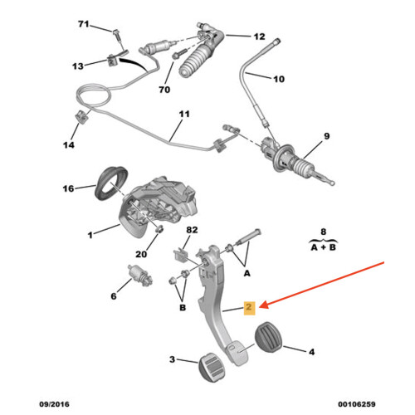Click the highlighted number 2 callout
click(249, 307)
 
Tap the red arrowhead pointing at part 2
click(263, 305)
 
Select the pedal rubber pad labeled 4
click(268, 337)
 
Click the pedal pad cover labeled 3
click(212, 368)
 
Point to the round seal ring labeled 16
click(110, 183)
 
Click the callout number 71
click(84, 24)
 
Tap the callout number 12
click(259, 37)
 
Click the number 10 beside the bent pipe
click(279, 79)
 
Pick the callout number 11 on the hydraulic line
click(184, 114)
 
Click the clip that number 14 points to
click(82, 116)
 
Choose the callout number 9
click(327, 136)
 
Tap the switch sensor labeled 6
click(140, 276)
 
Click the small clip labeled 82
click(180, 256)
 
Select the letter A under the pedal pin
click(247, 273)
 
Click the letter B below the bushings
click(183, 307)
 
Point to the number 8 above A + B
click(324, 232)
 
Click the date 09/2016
click(55, 404)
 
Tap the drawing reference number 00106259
click(357, 404)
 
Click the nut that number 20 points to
click(159, 229)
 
